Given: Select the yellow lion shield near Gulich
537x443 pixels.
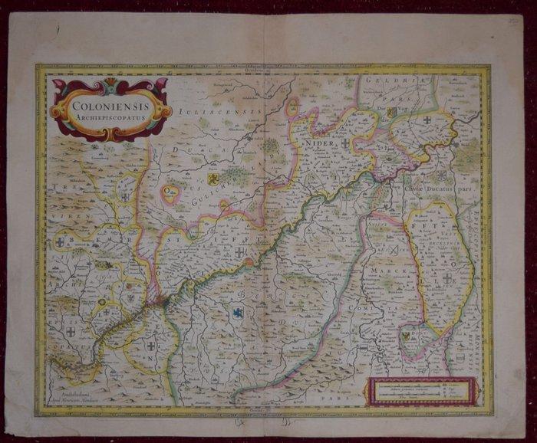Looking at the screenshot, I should (214, 179).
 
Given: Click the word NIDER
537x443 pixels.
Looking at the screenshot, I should (321, 143).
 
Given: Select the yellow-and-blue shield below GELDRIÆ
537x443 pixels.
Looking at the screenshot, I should (391, 113).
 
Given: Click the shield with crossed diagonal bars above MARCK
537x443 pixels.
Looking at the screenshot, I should (394, 249).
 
